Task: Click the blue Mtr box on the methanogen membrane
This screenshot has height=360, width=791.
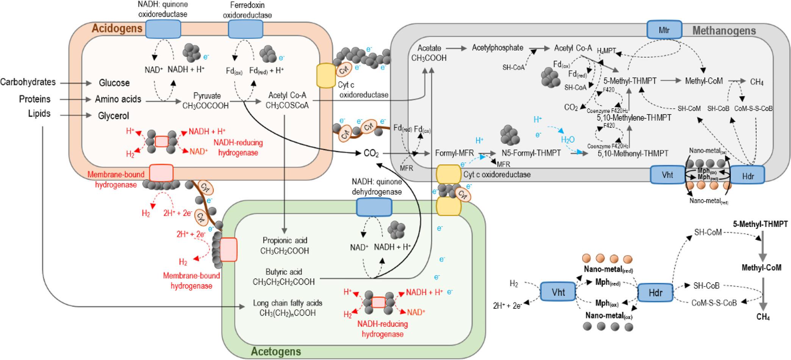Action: point(664,30)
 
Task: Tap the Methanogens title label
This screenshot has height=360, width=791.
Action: point(724,31)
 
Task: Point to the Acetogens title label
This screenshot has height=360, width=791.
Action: point(276,351)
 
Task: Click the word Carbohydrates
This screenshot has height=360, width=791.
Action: point(28,82)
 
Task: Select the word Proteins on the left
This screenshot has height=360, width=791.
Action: point(35,99)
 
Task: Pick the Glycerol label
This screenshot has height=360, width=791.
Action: point(114,116)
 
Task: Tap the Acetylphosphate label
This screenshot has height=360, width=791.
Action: point(497,48)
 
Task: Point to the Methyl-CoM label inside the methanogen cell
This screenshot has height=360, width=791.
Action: point(704,81)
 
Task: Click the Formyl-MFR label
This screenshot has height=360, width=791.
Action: point(455,153)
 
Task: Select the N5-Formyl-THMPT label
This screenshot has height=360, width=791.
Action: point(531,153)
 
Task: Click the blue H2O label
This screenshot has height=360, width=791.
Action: point(568,139)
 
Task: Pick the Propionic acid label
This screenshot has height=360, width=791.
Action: point(285,240)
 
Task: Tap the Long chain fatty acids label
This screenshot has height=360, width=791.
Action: point(288,303)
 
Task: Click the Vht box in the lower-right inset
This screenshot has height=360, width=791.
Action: point(558,292)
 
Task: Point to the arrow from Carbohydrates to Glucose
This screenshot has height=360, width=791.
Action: point(76,82)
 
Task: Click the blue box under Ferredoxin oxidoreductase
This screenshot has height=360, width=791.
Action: point(245,29)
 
